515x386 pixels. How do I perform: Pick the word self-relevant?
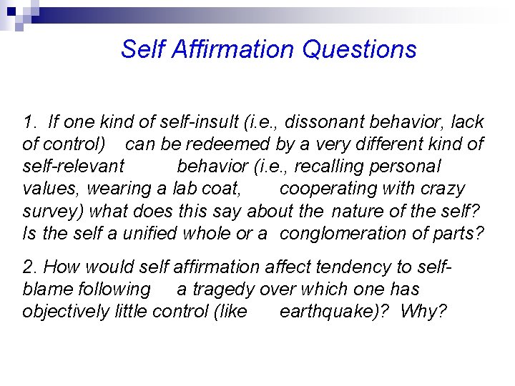pos(74,167)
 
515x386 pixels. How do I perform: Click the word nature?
pos(362,211)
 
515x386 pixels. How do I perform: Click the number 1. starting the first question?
pos(30,122)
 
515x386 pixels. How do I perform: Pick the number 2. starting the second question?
pos(31,267)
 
